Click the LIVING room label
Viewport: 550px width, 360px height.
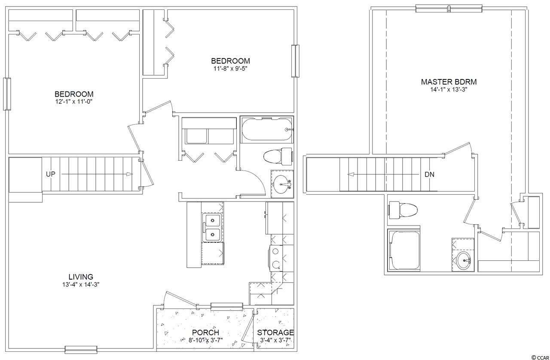point(81,277)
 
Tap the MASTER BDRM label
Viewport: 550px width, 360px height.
point(449,82)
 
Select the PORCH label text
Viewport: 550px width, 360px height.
point(205,333)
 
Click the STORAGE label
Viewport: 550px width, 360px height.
point(275,333)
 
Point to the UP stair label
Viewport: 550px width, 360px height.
point(51,174)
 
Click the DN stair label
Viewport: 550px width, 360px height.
point(429,174)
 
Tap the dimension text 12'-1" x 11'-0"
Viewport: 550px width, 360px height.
point(73,102)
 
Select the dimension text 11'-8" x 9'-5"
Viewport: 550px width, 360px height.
point(230,68)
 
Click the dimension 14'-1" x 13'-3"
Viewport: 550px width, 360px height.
point(449,90)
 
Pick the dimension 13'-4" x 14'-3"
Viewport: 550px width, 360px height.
point(81,285)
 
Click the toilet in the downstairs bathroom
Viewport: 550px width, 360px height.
point(278,156)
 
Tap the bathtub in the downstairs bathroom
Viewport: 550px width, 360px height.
point(267,130)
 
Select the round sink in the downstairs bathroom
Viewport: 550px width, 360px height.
point(283,184)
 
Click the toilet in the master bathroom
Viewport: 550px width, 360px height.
point(403,210)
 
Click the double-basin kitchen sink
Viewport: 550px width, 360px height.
point(212,227)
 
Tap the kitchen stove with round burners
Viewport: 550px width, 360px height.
point(276,258)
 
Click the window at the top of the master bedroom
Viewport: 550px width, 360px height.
point(449,9)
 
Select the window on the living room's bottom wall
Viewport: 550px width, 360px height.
point(81,350)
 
